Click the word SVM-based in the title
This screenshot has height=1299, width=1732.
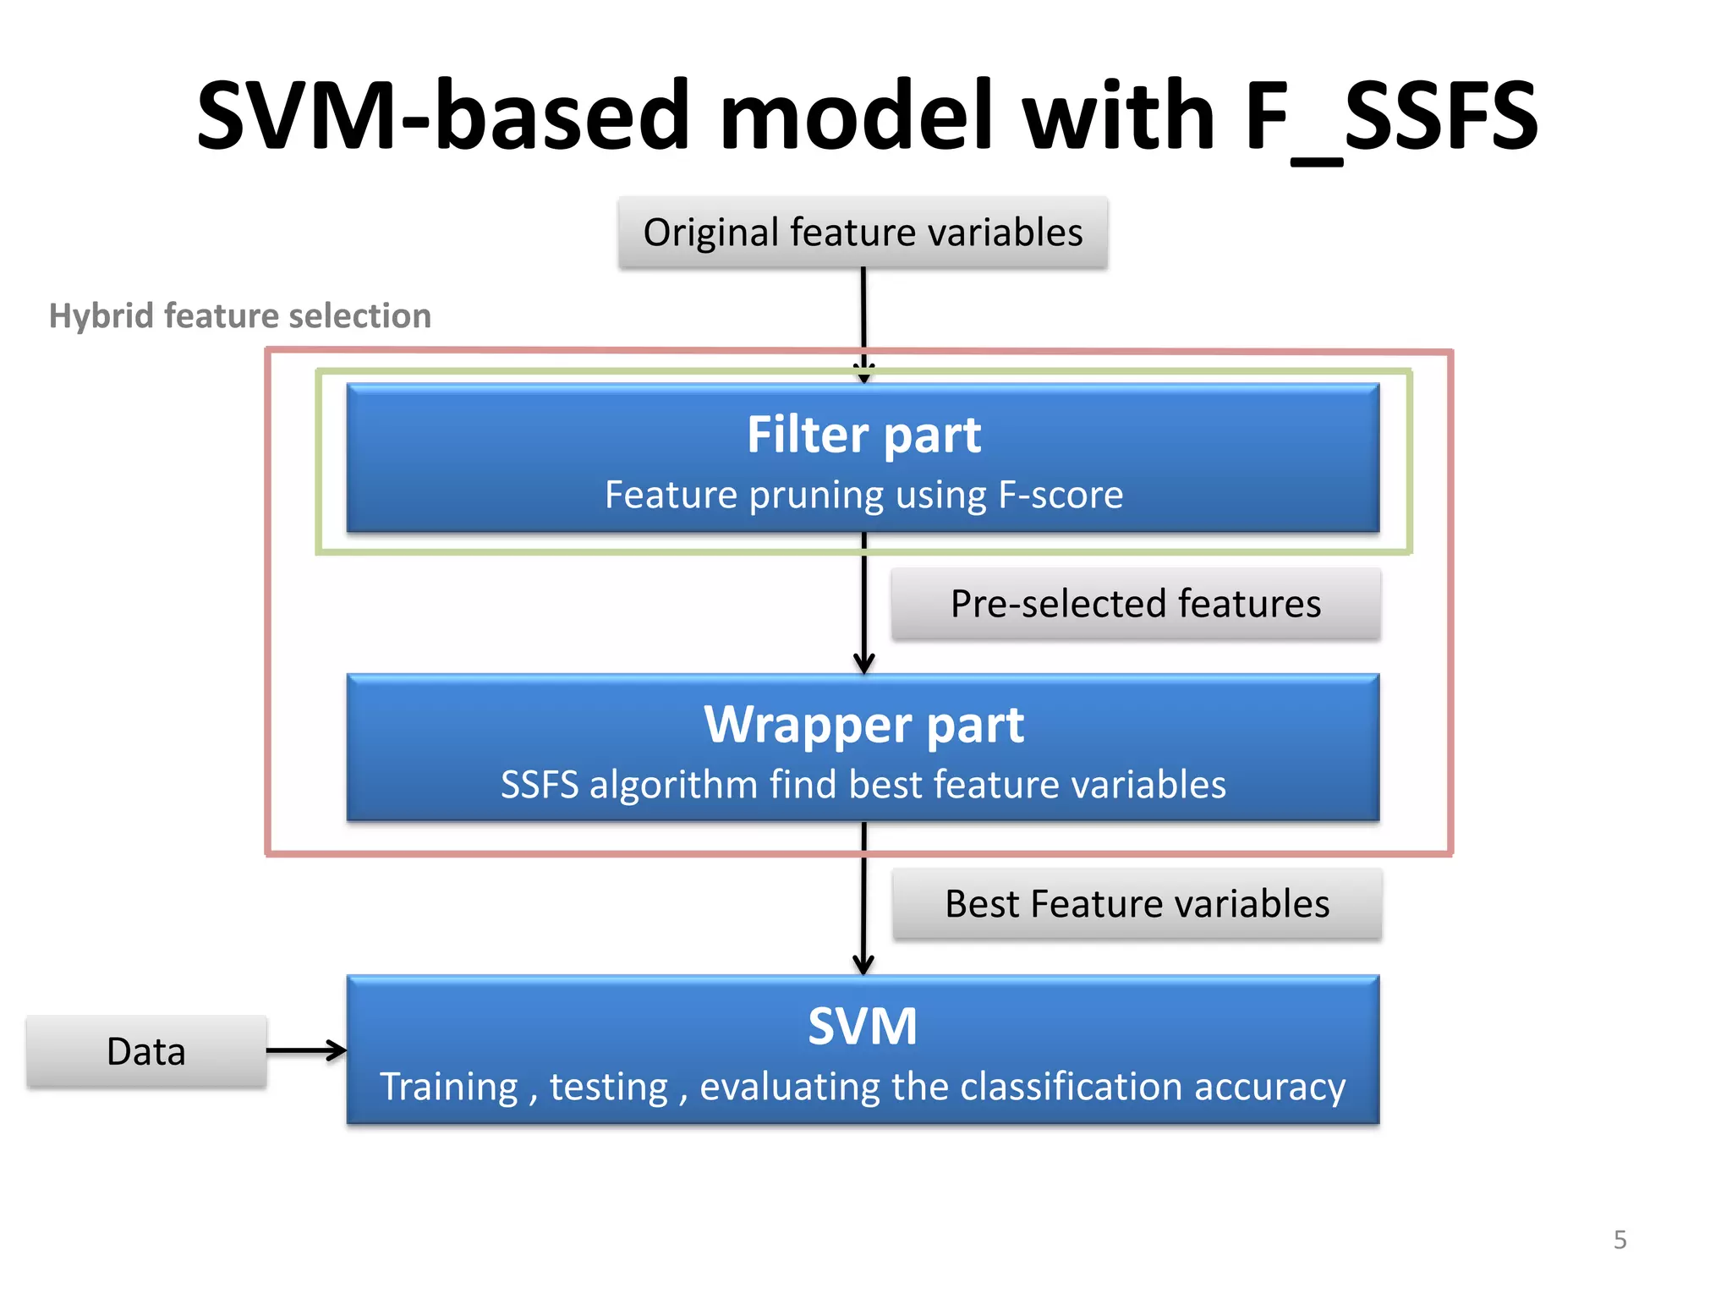[x=443, y=116]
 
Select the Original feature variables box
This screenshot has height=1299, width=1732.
[x=863, y=233]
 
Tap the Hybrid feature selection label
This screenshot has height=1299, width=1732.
[x=240, y=315]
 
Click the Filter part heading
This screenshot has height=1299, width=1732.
[x=863, y=435]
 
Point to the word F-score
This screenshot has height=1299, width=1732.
[x=1061, y=495]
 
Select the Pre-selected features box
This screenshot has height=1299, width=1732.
[x=1136, y=604]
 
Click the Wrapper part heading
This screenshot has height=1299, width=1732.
[x=863, y=725]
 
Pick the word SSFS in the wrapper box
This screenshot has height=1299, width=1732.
[x=540, y=785]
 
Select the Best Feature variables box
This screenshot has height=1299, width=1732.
[x=1137, y=904]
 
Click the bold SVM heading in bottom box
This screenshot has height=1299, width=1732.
[x=863, y=1027]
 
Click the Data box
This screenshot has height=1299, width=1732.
[x=146, y=1052]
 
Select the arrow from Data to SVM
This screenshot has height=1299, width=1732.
[x=306, y=1050]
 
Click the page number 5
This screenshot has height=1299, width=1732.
[x=1620, y=1240]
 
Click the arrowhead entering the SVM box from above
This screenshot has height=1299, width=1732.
[x=863, y=964]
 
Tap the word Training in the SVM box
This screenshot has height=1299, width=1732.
[x=448, y=1087]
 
